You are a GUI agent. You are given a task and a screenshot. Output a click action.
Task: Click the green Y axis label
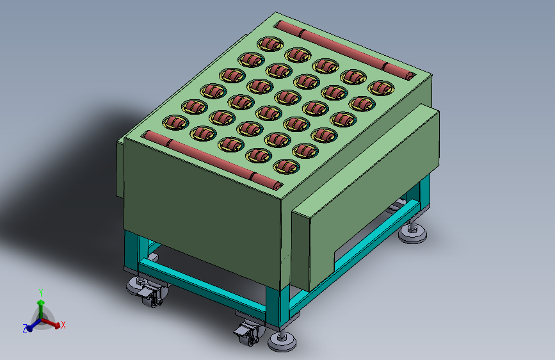tap(41, 293)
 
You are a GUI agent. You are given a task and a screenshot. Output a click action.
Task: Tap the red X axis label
tap(63, 325)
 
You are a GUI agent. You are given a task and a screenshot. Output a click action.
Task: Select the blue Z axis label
tap(25, 329)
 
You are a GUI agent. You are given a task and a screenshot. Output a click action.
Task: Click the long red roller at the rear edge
tap(346, 49)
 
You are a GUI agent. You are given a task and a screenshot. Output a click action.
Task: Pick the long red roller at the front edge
tap(213, 160)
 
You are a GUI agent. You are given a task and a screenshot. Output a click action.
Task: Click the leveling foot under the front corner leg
tap(282, 341)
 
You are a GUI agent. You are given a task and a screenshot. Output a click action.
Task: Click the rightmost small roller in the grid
tap(382, 88)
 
